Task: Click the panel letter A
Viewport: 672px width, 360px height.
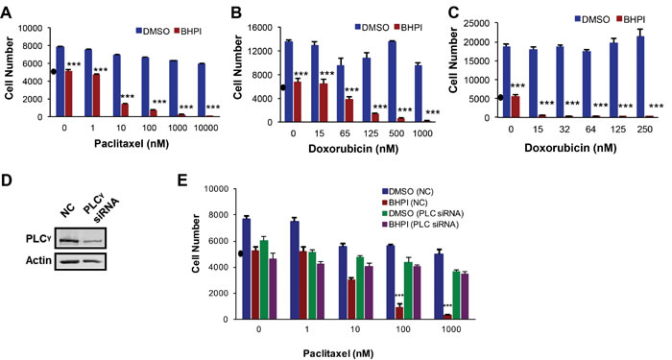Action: tap(7, 13)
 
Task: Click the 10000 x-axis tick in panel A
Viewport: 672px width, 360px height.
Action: tap(206, 128)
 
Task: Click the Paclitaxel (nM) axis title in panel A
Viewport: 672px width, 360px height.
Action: tap(132, 144)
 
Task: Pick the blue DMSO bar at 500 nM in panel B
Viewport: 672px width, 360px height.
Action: tap(392, 82)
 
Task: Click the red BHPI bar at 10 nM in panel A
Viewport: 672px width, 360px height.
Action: tap(125, 109)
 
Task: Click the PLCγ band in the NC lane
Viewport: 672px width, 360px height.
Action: tap(68, 240)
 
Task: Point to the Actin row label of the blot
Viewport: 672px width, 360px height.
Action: tap(38, 260)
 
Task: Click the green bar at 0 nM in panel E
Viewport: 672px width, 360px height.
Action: tap(264, 279)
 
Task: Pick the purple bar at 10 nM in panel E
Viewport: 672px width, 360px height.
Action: tap(369, 293)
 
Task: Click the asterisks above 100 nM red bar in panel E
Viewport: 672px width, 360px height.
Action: tap(399, 296)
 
